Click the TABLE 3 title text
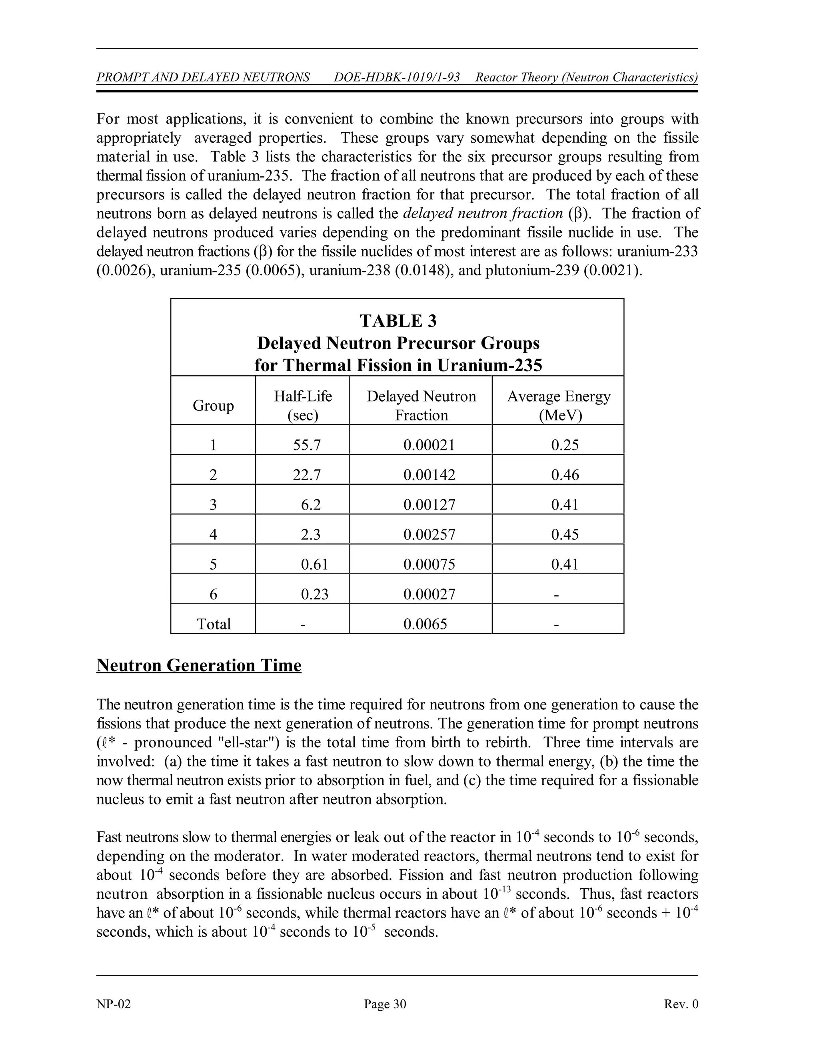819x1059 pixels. pos(398,321)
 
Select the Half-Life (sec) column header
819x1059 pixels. pos(303,405)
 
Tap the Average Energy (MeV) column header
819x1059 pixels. pos(558,405)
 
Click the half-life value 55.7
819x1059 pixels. pos(307,445)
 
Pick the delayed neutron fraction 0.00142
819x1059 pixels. pos(429,475)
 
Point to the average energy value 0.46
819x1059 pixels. pos(565,475)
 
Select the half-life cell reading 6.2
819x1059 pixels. pos(310,505)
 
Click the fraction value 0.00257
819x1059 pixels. pos(429,534)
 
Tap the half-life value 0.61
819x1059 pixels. pos(314,564)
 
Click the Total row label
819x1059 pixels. pos(214,624)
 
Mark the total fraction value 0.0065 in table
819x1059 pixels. pos(425,624)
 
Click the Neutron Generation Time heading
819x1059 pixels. pos(199,665)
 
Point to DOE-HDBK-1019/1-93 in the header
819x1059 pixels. pos(397,77)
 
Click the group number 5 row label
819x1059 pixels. pos(213,564)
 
